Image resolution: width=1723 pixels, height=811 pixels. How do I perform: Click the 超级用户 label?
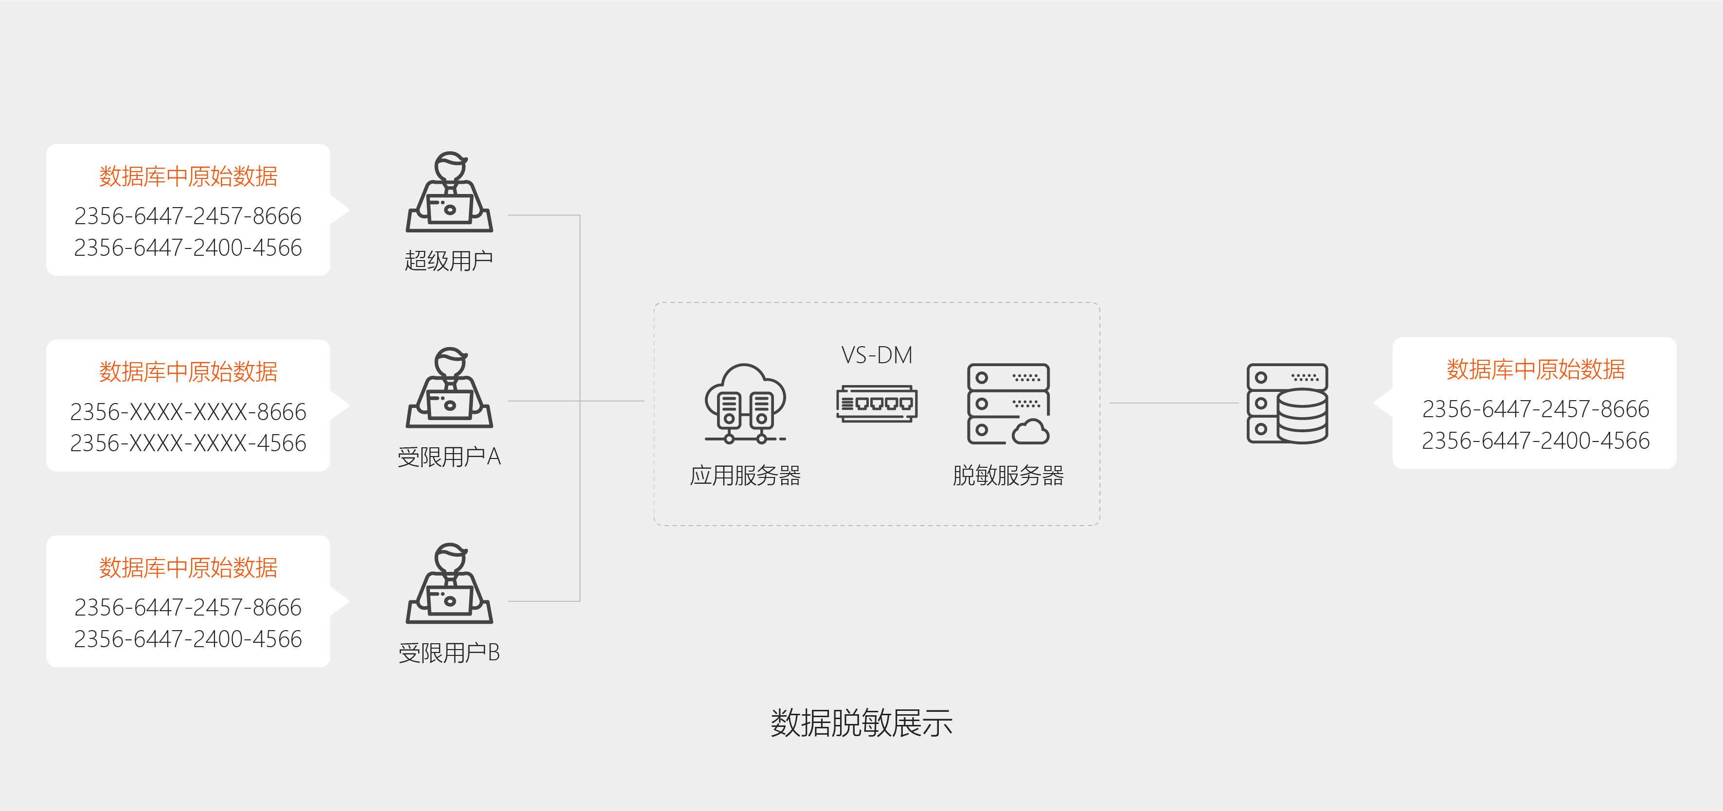(448, 261)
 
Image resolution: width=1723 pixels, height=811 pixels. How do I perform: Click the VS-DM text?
(876, 355)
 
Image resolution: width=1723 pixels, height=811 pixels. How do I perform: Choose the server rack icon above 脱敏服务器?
(1008, 404)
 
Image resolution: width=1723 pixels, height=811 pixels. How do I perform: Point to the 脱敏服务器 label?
(1008, 476)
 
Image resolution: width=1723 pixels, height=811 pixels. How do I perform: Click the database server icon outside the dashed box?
(1287, 404)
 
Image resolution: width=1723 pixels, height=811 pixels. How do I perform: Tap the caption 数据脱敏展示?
(861, 723)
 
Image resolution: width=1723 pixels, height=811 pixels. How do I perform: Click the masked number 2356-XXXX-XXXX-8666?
(188, 412)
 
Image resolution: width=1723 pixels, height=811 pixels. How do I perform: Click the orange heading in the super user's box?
(188, 176)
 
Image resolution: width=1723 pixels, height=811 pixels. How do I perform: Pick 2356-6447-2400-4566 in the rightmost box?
(1535, 441)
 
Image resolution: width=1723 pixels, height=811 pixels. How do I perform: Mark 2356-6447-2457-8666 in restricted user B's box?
(188, 607)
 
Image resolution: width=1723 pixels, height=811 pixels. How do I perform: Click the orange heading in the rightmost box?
(1535, 369)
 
